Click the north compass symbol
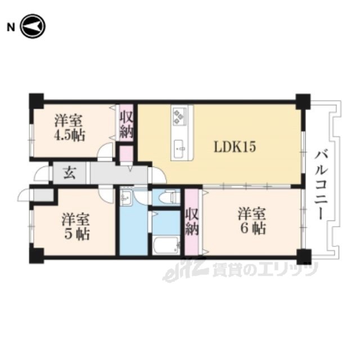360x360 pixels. [x=33, y=26]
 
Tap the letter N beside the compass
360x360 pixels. [x=11, y=28]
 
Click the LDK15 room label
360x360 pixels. [x=235, y=147]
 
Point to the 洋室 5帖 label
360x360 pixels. [x=76, y=227]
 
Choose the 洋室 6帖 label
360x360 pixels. [x=252, y=221]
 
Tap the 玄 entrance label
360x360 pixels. [x=69, y=173]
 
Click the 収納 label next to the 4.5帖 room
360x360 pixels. [x=126, y=124]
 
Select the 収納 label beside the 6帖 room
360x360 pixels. [x=192, y=222]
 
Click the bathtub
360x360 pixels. [x=166, y=245]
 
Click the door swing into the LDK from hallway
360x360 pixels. [x=157, y=175]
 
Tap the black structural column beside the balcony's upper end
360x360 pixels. [x=303, y=101]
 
